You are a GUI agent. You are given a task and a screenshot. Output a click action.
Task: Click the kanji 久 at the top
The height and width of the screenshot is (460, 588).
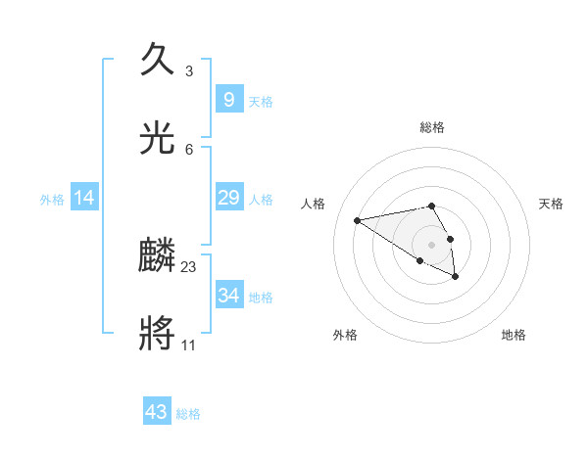coord(158,61)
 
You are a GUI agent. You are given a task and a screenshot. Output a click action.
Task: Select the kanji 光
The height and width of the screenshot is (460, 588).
coord(158,139)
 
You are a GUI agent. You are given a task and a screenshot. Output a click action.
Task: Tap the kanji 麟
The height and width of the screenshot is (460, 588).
coord(158,256)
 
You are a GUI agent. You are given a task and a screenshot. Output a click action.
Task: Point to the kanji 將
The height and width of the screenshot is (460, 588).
coord(158,335)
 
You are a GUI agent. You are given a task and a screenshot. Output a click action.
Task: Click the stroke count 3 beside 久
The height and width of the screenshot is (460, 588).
coord(188,70)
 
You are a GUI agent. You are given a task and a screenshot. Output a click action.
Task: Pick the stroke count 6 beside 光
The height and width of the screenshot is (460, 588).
coord(188,149)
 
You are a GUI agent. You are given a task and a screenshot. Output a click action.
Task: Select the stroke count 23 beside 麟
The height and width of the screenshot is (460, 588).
coord(189,266)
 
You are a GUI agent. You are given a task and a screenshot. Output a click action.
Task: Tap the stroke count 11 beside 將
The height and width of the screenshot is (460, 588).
coord(188,345)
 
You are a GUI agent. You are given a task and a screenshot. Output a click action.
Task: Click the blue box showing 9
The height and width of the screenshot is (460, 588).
coord(228,100)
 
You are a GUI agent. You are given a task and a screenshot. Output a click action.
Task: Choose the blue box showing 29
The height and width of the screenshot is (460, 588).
coord(228,199)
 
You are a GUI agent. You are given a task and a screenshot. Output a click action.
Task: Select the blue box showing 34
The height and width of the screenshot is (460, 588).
coord(228,296)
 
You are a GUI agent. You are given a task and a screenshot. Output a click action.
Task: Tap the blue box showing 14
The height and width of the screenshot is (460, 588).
coord(84,199)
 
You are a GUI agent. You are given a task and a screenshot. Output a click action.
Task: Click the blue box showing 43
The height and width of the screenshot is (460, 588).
coord(157,412)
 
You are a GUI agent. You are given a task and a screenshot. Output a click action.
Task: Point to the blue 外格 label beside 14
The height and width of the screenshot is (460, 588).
coord(52,200)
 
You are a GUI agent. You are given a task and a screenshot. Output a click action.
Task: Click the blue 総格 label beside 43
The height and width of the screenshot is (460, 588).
coord(188,414)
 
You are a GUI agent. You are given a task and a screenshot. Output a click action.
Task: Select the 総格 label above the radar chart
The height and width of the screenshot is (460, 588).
coord(431,127)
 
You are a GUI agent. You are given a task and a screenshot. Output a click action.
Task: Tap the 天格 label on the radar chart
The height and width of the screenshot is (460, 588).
coord(551,204)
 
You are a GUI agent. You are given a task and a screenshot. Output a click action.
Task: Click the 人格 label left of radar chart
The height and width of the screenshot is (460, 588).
coord(313,204)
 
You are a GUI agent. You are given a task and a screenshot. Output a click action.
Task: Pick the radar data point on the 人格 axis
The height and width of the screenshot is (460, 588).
coord(358,220)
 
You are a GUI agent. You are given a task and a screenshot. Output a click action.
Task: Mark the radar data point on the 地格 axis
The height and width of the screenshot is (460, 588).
coord(456,277)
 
